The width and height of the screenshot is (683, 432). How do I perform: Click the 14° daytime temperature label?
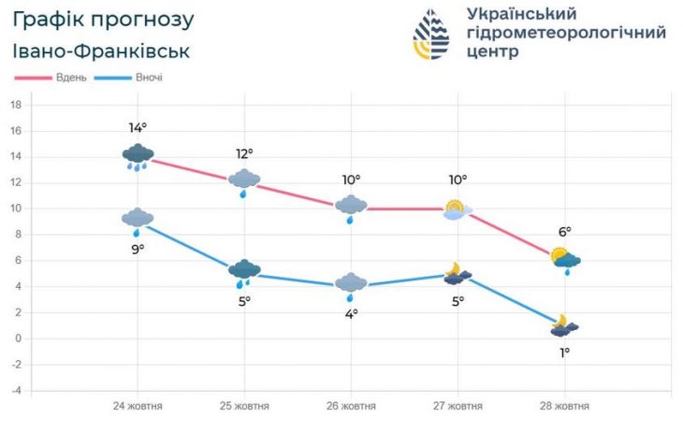(x=138, y=127)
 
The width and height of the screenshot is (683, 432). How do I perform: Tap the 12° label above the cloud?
(x=244, y=153)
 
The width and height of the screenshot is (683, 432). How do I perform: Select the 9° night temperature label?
(x=138, y=249)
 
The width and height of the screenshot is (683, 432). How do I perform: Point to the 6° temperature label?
(x=564, y=232)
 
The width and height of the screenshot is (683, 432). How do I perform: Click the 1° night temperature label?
(x=564, y=352)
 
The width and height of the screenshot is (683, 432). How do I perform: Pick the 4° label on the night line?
(x=351, y=313)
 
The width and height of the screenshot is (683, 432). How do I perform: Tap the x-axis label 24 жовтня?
(x=138, y=406)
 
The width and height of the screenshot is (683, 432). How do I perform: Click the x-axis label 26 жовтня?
(x=351, y=406)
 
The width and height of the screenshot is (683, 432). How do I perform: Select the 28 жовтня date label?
(x=564, y=406)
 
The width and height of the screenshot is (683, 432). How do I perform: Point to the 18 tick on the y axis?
(x=16, y=105)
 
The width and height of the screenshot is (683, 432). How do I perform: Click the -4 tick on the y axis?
(x=16, y=390)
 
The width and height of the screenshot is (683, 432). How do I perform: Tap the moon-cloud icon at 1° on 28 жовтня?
(x=564, y=326)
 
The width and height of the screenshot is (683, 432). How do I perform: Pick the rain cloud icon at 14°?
(x=138, y=156)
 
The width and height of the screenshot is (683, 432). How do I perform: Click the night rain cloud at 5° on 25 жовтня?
(x=244, y=273)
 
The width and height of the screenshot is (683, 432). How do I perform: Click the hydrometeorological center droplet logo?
(x=431, y=35)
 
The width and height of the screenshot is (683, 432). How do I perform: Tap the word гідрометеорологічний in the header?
(x=565, y=33)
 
